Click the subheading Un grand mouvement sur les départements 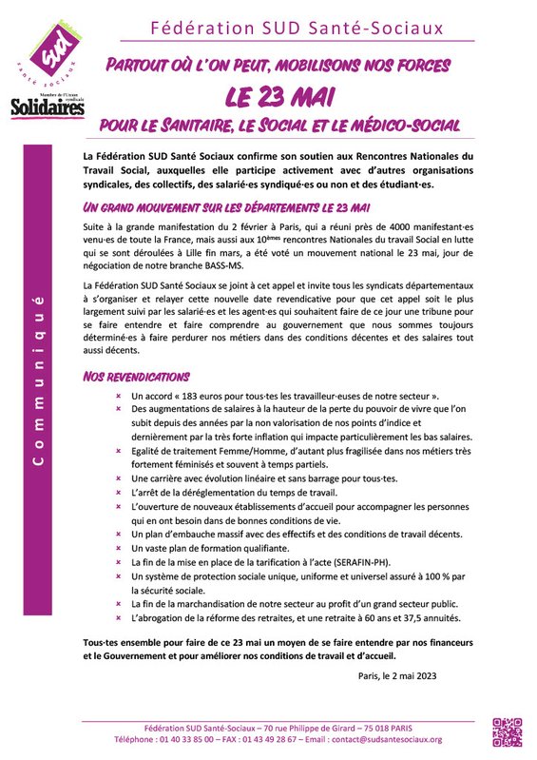tap(225, 207)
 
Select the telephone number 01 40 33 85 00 tap(182, 739)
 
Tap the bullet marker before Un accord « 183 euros tap(118, 396)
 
